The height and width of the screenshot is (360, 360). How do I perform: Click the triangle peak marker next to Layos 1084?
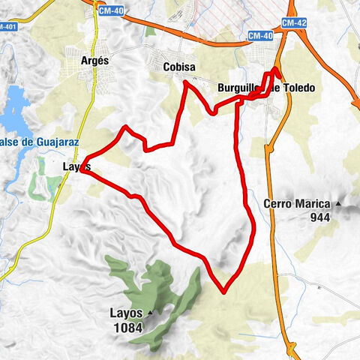pos(150,312)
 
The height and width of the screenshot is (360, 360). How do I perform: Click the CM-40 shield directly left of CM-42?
pos(259,36)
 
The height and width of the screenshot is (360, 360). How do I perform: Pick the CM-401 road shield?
pos(7,27)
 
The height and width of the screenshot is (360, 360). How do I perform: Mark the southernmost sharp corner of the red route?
pos(223,291)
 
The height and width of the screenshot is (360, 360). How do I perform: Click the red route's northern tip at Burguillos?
pos(276,69)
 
